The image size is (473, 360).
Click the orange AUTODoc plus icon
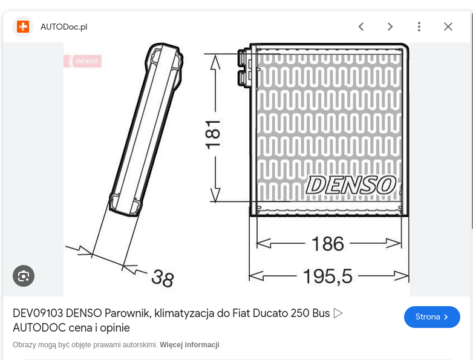click(23, 27)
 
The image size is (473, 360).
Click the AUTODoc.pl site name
click(64, 27)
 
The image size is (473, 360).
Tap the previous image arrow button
click(361, 27)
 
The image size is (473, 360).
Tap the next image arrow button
click(390, 27)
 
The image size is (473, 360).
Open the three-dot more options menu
click(419, 27)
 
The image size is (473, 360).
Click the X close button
click(448, 27)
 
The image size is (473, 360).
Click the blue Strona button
click(432, 317)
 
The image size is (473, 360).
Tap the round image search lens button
click(24, 276)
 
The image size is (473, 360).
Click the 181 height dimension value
click(213, 134)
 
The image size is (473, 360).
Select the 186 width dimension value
click(328, 244)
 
